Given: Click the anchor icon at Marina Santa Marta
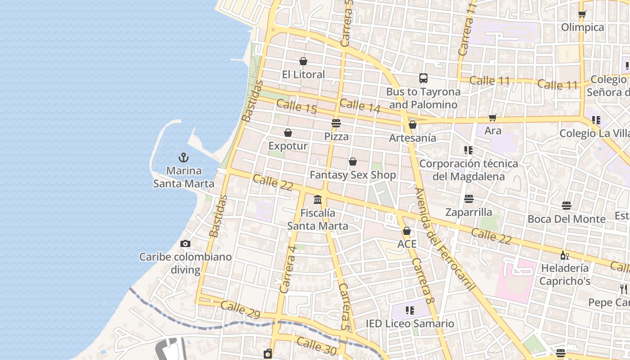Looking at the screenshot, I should (x=184, y=157).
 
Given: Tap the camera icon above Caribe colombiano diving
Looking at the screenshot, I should (x=185, y=243).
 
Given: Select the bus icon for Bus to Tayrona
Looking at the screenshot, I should (x=423, y=78).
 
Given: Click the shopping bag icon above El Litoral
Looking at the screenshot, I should (x=303, y=61).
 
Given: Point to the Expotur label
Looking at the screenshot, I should (x=288, y=146).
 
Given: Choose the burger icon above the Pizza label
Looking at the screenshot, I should (x=336, y=123).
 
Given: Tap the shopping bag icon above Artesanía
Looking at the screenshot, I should (x=413, y=125).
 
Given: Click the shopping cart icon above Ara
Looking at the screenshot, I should (x=493, y=117).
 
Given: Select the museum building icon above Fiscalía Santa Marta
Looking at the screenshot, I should (x=318, y=199).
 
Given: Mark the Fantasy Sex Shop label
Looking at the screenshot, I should (x=353, y=175).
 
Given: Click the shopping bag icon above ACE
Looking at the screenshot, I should (x=407, y=231).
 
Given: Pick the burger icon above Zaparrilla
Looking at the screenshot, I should (x=469, y=199).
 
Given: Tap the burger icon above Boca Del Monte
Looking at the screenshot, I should (x=567, y=206).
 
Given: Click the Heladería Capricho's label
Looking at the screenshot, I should (x=565, y=274).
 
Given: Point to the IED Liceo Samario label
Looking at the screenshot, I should (x=410, y=324).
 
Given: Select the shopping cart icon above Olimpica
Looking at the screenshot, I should (x=582, y=14).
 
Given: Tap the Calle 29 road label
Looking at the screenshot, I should (x=240, y=310).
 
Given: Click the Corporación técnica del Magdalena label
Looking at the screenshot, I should (x=468, y=170).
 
